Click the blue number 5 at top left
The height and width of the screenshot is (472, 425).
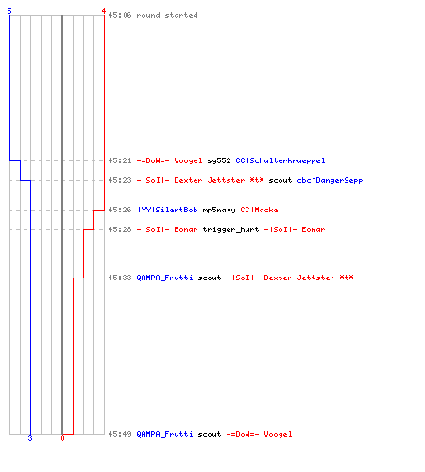point(9,11)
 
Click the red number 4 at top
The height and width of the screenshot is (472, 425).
point(104,11)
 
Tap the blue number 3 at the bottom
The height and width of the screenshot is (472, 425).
point(30,438)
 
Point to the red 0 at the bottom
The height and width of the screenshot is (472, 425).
point(62,438)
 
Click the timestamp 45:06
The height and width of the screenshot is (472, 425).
point(120,15)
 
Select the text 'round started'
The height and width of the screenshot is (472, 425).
point(167,15)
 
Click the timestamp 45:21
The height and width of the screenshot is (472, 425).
point(120,160)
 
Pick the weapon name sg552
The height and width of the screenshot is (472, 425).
point(219,160)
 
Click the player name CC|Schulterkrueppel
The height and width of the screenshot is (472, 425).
point(280,160)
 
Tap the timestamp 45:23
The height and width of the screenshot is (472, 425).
point(120,180)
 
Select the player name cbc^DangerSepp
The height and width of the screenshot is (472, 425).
point(330,180)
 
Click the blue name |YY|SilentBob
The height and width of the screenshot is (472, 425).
point(167,210)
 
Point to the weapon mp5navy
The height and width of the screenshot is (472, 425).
point(219,210)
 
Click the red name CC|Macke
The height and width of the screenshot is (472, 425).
point(259,210)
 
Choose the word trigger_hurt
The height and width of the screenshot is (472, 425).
point(230,229)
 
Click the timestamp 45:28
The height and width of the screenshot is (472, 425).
point(120,229)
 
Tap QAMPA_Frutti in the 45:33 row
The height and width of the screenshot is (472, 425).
point(164,278)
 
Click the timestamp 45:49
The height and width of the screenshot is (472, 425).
point(120,434)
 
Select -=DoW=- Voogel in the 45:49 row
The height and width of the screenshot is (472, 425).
point(259,434)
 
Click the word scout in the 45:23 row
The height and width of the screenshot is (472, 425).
point(280,180)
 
